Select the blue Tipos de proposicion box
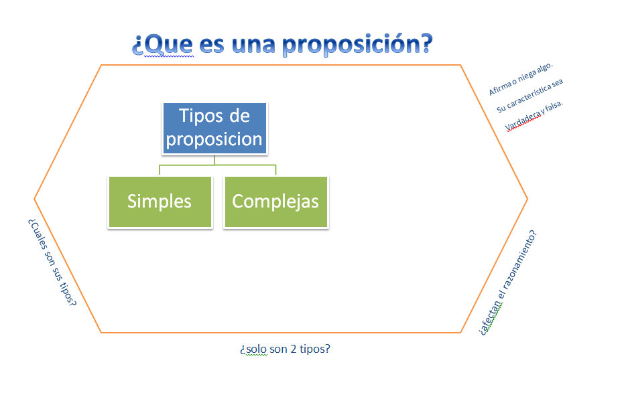tap(214, 128)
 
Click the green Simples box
tap(160, 202)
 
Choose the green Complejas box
tap(275, 202)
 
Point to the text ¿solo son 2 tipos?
tap(285, 349)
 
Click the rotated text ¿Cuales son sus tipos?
tap(52, 262)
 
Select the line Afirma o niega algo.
tap(521, 80)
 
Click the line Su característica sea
tap(530, 96)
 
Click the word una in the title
tap(253, 45)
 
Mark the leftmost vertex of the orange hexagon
tap(35, 199)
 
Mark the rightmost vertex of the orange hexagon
tap(527, 199)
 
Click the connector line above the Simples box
tap(160, 169)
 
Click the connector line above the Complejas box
tap(275, 169)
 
